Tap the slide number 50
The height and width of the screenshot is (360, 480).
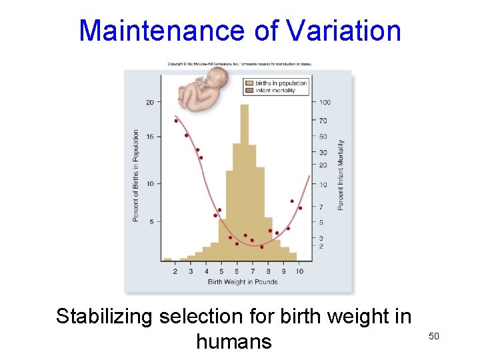pos(433,337)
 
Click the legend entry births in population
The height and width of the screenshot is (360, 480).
pos(285,83)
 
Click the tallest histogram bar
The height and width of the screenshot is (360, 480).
pos(245,180)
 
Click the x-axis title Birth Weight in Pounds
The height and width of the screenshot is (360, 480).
pos(243,282)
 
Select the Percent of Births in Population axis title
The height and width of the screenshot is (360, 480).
pos(136,176)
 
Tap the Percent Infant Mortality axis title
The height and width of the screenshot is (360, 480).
pos(341,175)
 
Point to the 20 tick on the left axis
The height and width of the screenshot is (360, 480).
pos(149,102)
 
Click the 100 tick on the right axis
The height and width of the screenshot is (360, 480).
pos(324,102)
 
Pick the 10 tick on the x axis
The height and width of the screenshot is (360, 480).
pos(299,271)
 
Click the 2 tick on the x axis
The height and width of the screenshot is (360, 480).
pos(175,271)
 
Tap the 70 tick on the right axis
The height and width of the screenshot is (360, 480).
pos(323,121)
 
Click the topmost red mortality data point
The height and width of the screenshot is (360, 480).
pos(176,121)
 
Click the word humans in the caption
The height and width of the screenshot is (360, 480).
pos(234,341)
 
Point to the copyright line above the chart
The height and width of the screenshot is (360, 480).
pos(239,64)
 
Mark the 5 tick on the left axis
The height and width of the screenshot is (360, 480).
pos(151,221)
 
